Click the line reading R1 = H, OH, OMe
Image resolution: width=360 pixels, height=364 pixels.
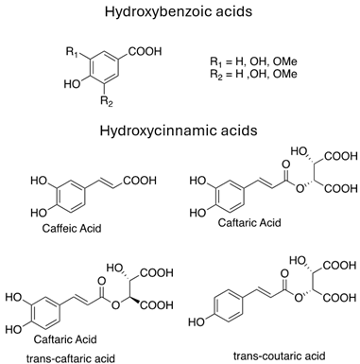[255, 61]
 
